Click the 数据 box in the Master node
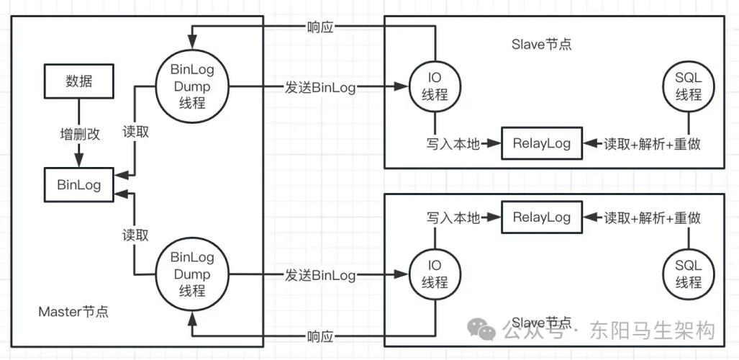coord(78,81)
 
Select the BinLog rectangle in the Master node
coord(78,185)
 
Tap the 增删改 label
coord(78,134)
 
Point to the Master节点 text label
coord(73,312)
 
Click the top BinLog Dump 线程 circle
coord(191,87)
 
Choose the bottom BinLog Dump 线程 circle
coord(191,274)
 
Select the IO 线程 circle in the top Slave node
coord(434,87)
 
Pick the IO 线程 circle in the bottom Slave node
coord(434,274)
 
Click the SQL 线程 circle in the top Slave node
coord(689,87)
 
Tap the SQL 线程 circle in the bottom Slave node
coord(689,274)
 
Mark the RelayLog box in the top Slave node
coord(541,144)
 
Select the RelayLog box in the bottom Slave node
coord(541,217)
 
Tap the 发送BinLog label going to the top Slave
coord(319,87)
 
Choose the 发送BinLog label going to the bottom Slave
coord(319,274)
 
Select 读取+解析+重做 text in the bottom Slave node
coord(652,217)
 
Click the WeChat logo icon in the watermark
coord(481,329)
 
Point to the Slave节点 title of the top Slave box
coord(541,44)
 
